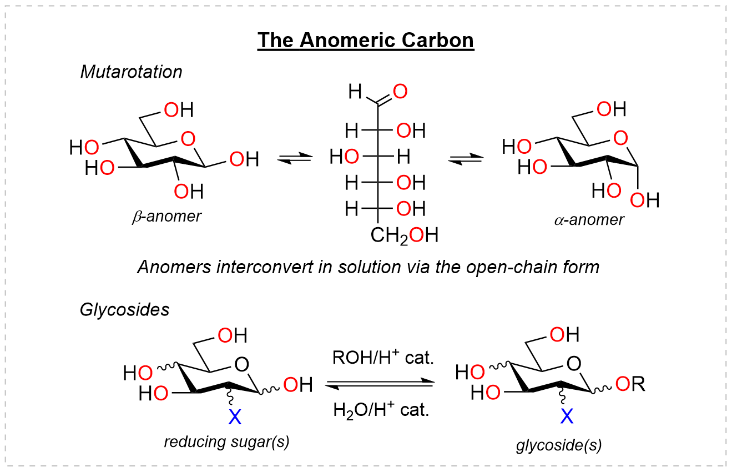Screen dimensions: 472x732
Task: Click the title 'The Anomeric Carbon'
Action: click(366, 41)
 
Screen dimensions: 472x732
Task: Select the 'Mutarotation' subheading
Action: click(131, 72)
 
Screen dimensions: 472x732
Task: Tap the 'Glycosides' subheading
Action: click(124, 309)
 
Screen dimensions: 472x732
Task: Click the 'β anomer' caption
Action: click(166, 216)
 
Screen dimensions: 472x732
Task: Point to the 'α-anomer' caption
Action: click(589, 219)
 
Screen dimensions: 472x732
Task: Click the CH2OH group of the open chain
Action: click(405, 235)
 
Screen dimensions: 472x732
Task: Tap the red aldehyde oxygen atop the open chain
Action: click(400, 90)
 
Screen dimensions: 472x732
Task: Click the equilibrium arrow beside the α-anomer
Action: click(466, 159)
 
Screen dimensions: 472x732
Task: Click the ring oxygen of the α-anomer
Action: click(621, 137)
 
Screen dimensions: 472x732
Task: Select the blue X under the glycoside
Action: click(567, 415)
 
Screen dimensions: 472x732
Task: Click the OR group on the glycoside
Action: click(630, 385)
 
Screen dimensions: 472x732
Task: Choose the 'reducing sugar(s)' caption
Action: click(226, 442)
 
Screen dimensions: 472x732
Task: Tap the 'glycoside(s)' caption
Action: click(559, 445)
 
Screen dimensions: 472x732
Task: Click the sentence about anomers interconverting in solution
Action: click(368, 267)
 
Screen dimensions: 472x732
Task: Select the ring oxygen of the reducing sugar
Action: click(242, 364)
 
